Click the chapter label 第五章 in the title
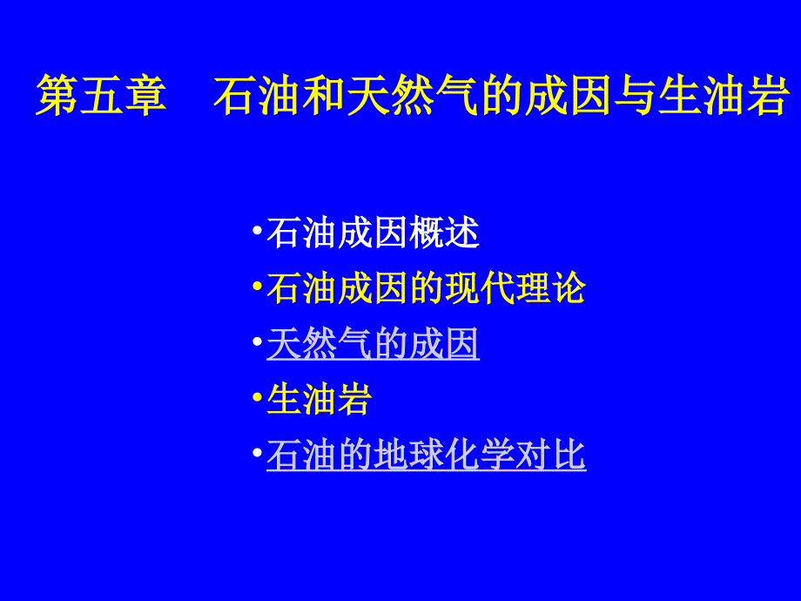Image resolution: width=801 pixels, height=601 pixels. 101,97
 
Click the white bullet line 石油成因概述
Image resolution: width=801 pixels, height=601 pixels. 373,233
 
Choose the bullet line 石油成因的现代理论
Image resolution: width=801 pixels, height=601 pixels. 426,289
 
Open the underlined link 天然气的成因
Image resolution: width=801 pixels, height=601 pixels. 373,345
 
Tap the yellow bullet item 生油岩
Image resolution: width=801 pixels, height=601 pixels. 320,401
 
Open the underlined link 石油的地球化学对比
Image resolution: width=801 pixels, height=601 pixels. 426,456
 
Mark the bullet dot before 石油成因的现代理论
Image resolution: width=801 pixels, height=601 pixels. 257,286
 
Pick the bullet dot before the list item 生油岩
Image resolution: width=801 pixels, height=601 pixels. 257,397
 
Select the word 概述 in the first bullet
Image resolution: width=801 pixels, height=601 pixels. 453,233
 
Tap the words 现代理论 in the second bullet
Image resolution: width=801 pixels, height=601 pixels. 533,289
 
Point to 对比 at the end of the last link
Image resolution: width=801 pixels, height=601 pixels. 560,456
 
